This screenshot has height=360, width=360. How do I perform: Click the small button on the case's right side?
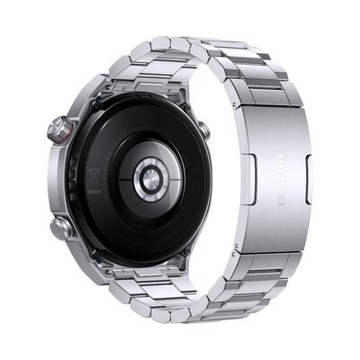202,129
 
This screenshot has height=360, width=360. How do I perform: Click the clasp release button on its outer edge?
307,167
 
